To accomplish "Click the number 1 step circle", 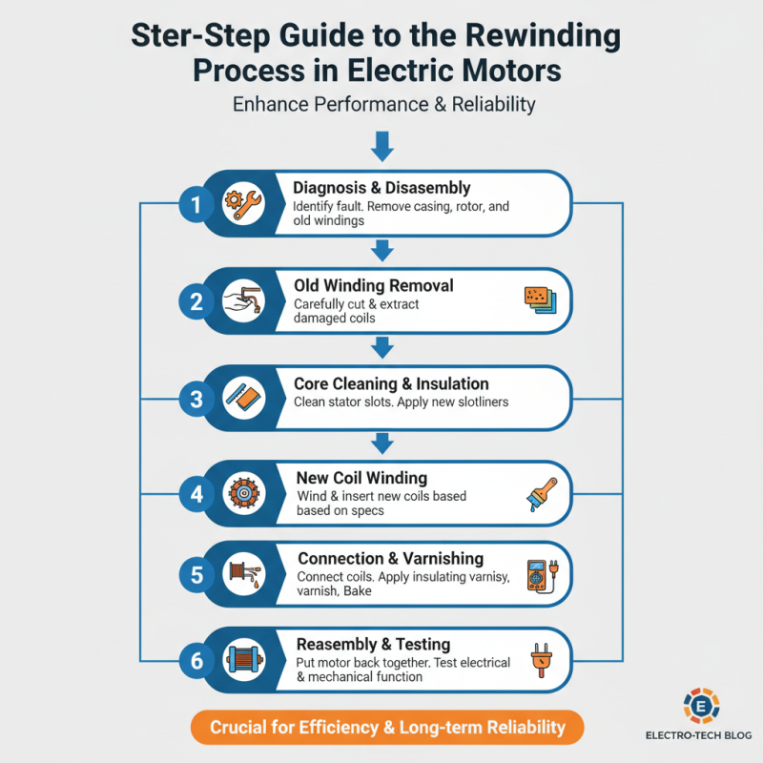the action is pyautogui.click(x=196, y=204).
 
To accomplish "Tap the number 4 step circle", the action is pyautogui.click(x=196, y=494).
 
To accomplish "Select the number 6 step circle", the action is pyautogui.click(x=196, y=660).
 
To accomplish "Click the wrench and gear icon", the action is pyautogui.click(x=243, y=204).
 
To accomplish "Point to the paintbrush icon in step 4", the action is pyautogui.click(x=542, y=494).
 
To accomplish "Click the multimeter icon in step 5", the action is pyautogui.click(x=543, y=575).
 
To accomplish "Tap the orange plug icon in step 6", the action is pyautogui.click(x=542, y=660).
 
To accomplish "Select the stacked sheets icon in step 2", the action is pyautogui.click(x=540, y=300).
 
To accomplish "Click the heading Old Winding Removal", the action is pyautogui.click(x=374, y=285).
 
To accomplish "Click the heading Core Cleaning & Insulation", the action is pyautogui.click(x=391, y=383).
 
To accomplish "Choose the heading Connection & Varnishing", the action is pyautogui.click(x=390, y=559).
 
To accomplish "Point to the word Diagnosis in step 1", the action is pyautogui.click(x=329, y=188).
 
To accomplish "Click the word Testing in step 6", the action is pyautogui.click(x=423, y=645).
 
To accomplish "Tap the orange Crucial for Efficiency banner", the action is pyautogui.click(x=387, y=727).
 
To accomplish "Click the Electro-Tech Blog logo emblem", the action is pyautogui.click(x=701, y=706).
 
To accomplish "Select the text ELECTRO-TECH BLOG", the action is pyautogui.click(x=699, y=735).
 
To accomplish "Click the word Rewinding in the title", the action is pyautogui.click(x=543, y=36).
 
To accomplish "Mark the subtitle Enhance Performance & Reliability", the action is pyautogui.click(x=384, y=104).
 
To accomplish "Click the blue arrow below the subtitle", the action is pyautogui.click(x=382, y=146).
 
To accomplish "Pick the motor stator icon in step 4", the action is pyautogui.click(x=244, y=493).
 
